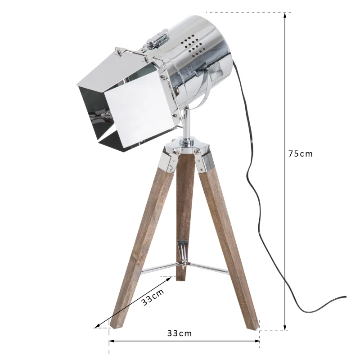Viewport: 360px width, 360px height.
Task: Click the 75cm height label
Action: [x=300, y=153]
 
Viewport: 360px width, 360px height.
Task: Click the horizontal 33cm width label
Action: [x=180, y=333]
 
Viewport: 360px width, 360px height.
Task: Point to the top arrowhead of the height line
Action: [x=285, y=15]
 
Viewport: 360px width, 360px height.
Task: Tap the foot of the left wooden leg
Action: [x=118, y=323]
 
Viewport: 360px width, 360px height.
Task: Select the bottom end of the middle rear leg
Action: [x=180, y=277]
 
